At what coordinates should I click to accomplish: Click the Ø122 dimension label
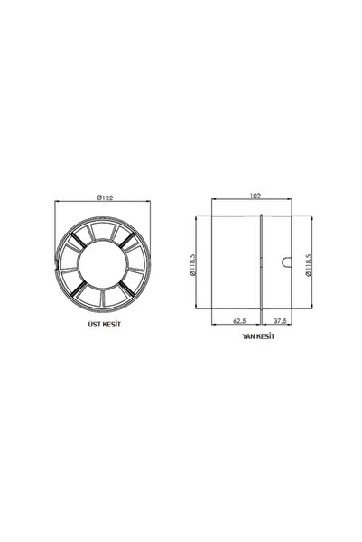coord(105,198)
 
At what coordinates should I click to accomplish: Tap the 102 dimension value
coord(255,196)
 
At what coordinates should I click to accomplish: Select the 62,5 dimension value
coord(239,321)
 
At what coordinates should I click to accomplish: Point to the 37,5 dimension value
coord(280,321)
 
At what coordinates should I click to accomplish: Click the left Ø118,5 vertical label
coord(193,265)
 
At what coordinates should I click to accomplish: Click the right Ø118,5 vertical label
coord(309,265)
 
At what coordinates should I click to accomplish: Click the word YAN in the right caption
coord(248,336)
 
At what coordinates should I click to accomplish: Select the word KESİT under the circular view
coord(112,325)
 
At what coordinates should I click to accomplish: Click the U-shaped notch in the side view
coord(287,262)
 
